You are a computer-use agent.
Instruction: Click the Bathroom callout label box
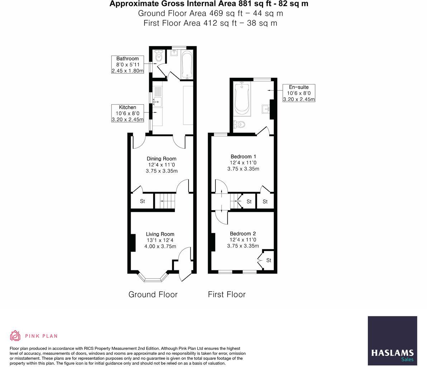point(127,64)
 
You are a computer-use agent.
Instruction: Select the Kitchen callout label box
point(127,113)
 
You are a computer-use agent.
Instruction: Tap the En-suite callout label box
point(299,93)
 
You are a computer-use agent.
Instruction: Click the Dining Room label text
point(161,159)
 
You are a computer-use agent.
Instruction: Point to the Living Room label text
point(160,234)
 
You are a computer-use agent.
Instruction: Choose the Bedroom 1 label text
point(243,156)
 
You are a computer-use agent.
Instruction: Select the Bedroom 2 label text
point(243,234)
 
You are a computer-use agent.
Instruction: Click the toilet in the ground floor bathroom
point(159,56)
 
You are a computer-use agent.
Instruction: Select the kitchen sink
point(157,102)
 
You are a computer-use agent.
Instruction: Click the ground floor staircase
point(165,201)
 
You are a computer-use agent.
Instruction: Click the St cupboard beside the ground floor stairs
point(142,201)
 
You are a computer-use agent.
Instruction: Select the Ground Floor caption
point(153,294)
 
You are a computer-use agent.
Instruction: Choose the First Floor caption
point(227,294)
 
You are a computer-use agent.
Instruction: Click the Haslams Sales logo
point(392,341)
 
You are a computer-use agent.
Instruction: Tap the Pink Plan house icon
point(15,335)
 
